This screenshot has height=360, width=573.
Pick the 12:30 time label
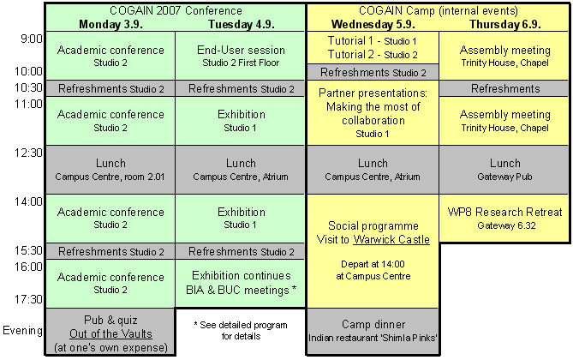pos(28,153)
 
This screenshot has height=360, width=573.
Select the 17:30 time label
pos(28,299)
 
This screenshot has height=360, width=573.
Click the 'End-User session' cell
pos(241,55)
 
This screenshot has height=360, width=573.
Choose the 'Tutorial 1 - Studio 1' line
pos(372,41)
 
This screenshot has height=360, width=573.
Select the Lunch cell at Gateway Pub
pos(504,169)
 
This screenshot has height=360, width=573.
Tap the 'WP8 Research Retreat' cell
pos(504,218)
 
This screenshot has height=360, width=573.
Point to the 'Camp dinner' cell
pos(372,331)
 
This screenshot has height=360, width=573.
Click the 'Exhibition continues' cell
pos(241,283)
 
